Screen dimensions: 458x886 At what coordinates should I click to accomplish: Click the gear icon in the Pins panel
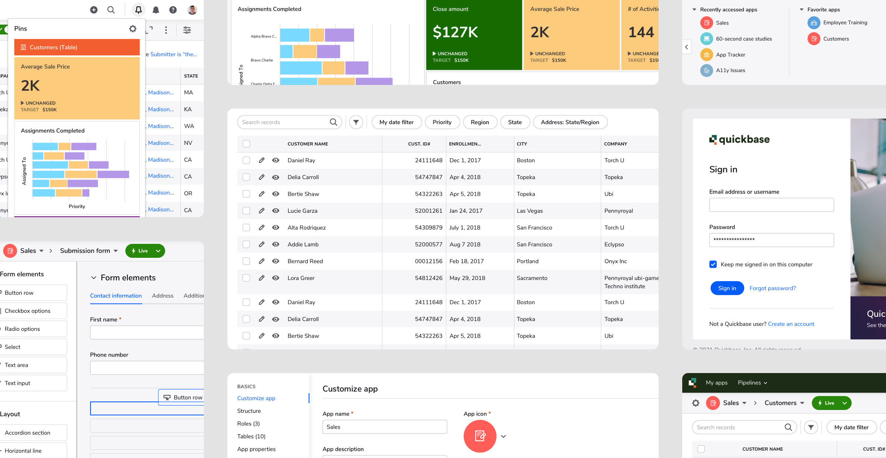133,29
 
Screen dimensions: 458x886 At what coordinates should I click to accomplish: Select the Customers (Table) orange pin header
77,47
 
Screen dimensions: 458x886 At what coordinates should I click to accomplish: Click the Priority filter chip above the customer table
442,122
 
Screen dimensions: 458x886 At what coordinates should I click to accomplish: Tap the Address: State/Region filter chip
570,122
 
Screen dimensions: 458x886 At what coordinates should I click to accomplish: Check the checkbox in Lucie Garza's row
246,211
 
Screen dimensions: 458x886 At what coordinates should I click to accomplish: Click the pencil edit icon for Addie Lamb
261,245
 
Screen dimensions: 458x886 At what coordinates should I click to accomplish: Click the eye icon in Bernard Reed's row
275,261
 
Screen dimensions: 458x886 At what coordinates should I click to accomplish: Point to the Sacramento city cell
532,278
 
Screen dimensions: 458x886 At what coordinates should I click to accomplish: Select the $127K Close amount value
455,33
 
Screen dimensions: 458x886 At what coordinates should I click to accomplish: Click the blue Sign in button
727,288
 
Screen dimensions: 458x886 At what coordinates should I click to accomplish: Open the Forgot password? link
772,288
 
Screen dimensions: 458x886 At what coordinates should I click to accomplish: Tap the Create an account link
791,324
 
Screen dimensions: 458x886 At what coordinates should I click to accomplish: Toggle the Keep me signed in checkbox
713,264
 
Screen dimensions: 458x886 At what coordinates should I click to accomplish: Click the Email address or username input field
771,205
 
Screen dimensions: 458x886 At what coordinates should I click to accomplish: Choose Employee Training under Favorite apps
845,23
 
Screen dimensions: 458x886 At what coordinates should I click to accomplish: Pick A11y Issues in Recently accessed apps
730,70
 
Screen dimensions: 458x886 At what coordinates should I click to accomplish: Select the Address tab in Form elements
162,296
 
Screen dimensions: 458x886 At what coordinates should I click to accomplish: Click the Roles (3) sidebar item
248,424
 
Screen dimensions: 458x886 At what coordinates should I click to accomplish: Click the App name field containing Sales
384,427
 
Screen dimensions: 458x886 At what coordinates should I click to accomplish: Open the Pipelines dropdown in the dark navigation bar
752,383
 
